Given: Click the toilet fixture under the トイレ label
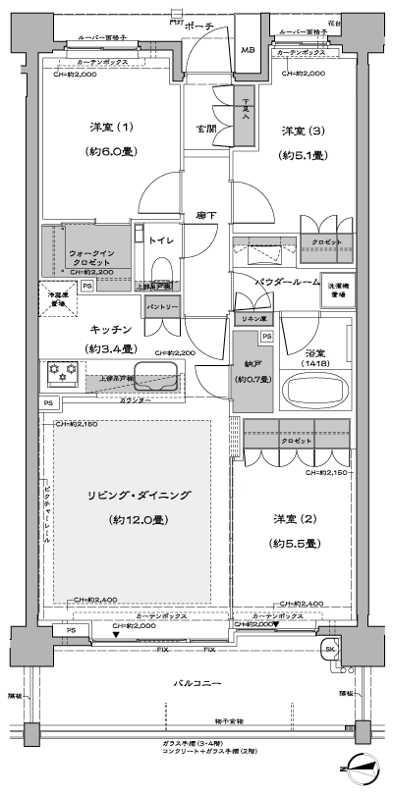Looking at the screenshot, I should pyautogui.click(x=189, y=271).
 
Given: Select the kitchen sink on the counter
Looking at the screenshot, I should pyautogui.click(x=156, y=376).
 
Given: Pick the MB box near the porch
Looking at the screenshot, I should pyautogui.click(x=248, y=50).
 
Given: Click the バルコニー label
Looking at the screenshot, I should pyautogui.click(x=196, y=682).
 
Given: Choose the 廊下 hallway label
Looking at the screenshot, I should pyautogui.click(x=205, y=213).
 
